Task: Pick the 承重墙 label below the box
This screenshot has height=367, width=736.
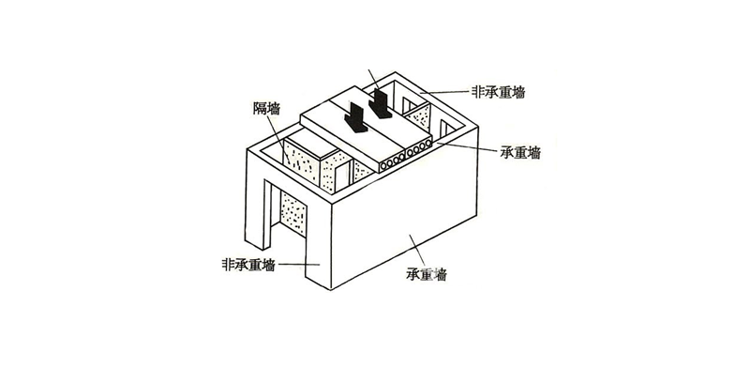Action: coord(427,275)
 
